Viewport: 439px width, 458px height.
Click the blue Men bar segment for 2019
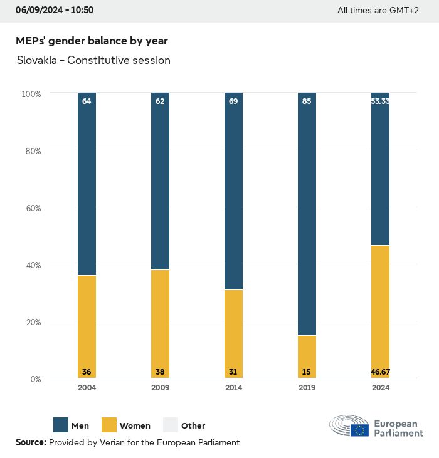coord(307,213)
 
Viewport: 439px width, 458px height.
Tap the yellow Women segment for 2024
coord(380,307)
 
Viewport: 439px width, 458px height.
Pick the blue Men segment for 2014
coord(233,191)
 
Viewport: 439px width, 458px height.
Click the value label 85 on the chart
coord(307,101)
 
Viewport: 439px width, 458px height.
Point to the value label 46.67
coord(380,372)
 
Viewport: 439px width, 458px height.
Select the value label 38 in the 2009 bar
coord(160,372)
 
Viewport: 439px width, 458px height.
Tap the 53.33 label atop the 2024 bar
coord(380,101)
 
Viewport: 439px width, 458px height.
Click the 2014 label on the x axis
coord(233,388)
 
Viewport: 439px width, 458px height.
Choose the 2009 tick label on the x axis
coord(160,388)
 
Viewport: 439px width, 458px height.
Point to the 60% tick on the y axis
coord(31,207)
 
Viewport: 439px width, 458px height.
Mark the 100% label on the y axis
coord(31,93)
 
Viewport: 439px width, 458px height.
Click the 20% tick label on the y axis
coord(31,321)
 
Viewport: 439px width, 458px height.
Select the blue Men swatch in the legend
coord(61,425)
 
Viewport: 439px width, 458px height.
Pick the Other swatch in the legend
coord(171,425)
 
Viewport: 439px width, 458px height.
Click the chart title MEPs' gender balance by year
coord(92,41)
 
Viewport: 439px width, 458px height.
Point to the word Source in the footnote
coord(31,442)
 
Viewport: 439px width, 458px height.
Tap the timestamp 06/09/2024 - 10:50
coord(55,10)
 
